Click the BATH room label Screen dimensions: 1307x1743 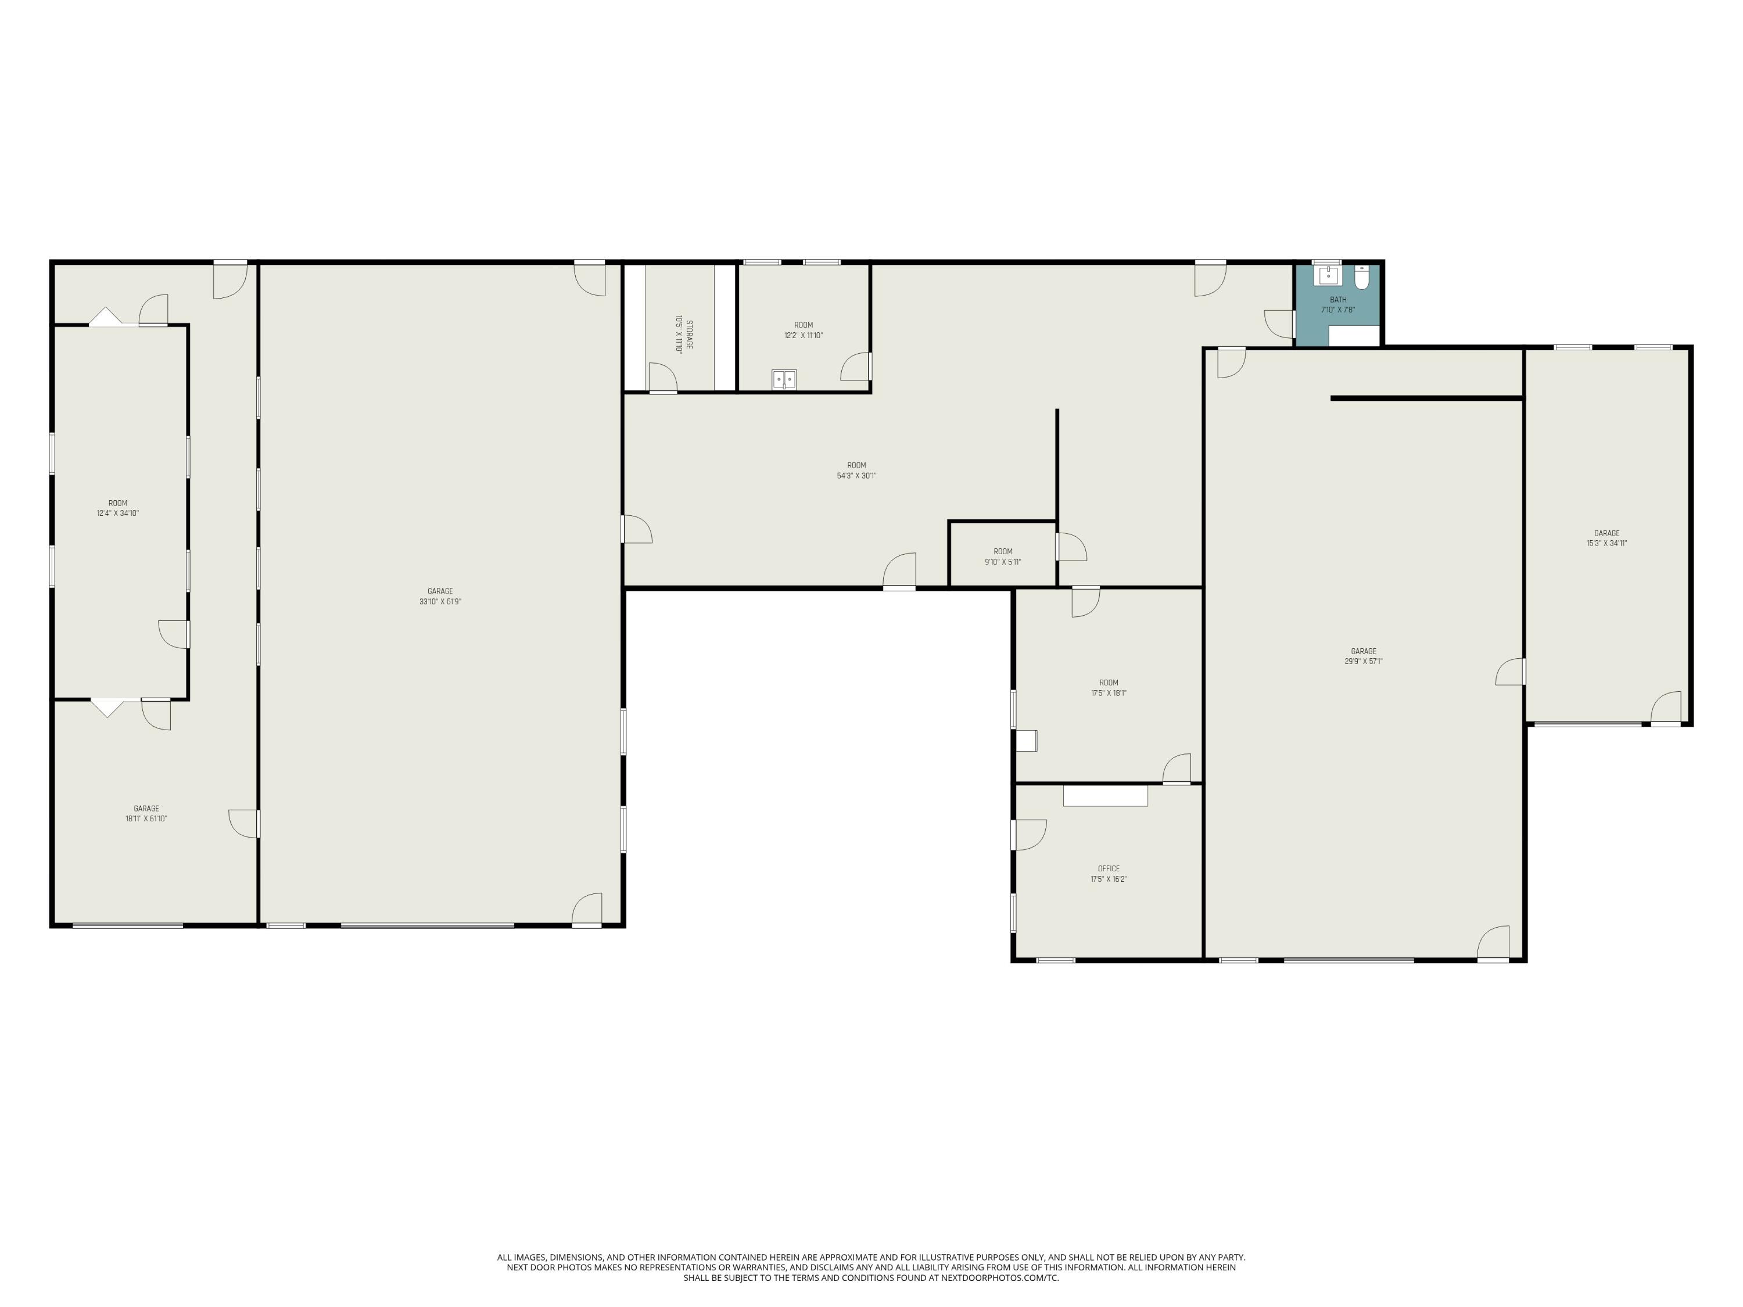pos(1338,299)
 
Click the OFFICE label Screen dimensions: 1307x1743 pos(1109,869)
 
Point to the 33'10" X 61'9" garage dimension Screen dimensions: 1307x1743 pos(440,602)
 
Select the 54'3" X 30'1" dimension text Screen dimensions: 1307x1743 pos(856,476)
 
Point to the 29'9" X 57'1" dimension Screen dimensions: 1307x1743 pos(1363,662)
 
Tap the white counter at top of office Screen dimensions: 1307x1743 pos(1104,796)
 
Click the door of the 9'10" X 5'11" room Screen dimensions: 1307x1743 pos(1070,547)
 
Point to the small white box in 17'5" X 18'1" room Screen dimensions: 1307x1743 pos(1026,741)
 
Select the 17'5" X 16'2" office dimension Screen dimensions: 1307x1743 pos(1109,879)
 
